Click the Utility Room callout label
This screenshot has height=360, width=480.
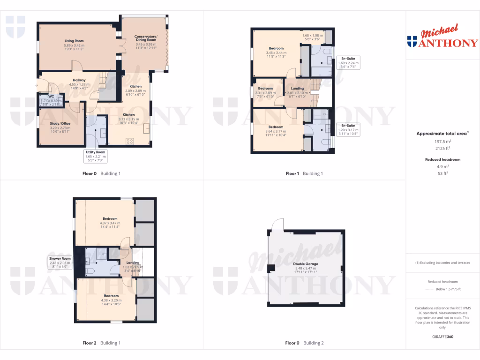[x=95, y=152]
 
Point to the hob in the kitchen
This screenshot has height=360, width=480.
[x=129, y=141]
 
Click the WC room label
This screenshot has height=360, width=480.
[x=51, y=96]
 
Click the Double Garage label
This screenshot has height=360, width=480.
[x=306, y=264]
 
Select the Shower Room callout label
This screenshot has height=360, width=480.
[x=60, y=258]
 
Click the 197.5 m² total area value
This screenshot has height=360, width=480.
[x=442, y=141]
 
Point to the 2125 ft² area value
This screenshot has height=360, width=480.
[x=442, y=148]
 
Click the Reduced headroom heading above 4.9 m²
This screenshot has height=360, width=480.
[x=442, y=159]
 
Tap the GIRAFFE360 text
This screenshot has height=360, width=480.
[x=442, y=337]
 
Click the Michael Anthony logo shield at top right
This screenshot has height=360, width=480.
[x=412, y=42]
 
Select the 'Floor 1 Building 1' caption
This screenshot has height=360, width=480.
[x=304, y=173]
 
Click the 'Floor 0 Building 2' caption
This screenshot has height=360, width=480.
[x=304, y=343]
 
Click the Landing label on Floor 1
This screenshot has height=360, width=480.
[x=297, y=88]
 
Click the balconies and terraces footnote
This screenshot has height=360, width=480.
[x=442, y=262]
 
